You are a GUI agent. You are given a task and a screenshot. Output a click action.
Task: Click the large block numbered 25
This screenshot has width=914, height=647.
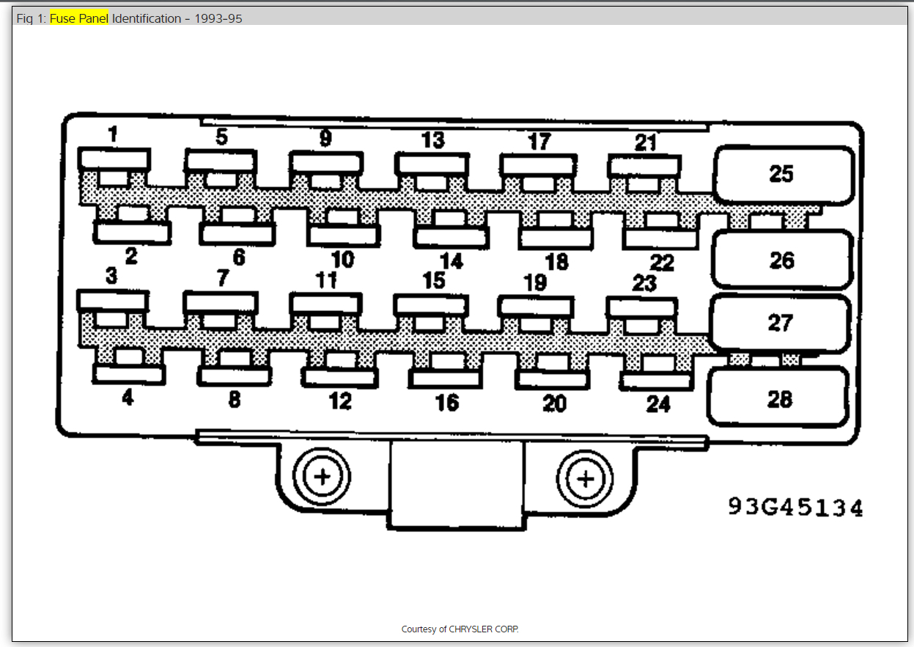[784, 175]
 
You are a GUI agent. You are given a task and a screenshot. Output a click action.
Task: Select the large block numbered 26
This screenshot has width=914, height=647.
[782, 260]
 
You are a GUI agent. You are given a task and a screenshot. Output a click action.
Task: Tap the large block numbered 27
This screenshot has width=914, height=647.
[780, 323]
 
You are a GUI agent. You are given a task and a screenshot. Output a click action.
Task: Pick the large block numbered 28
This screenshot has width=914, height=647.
[778, 398]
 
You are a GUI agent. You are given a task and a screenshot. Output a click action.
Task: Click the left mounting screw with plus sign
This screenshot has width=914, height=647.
[322, 478]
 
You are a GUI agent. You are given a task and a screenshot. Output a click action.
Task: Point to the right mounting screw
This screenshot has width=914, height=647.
[585, 480]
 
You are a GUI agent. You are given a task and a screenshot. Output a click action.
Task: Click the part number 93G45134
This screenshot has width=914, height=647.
[795, 507]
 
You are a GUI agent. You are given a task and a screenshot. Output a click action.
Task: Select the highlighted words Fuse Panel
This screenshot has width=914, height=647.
[78, 18]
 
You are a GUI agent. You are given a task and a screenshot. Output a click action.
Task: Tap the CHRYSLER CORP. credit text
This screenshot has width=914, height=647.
[460, 629]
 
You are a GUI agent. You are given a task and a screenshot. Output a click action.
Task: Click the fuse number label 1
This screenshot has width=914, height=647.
[112, 135]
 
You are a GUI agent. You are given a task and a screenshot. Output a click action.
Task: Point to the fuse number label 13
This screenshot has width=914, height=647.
[432, 140]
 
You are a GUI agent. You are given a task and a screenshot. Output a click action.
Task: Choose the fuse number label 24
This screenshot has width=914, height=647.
[657, 404]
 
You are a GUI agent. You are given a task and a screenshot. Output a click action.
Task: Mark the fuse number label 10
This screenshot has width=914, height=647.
[342, 259]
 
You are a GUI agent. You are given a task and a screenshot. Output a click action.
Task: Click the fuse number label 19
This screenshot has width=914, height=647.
[535, 282]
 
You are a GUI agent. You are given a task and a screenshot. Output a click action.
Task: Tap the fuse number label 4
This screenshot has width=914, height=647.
[128, 398]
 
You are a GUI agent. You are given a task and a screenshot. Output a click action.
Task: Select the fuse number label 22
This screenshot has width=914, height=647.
[661, 263]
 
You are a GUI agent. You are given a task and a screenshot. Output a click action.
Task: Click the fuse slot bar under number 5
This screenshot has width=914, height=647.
[221, 160]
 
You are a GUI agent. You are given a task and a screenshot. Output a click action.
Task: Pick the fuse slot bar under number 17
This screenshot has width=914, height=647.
[537, 164]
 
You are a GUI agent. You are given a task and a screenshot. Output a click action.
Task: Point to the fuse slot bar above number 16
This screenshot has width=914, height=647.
[446, 379]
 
